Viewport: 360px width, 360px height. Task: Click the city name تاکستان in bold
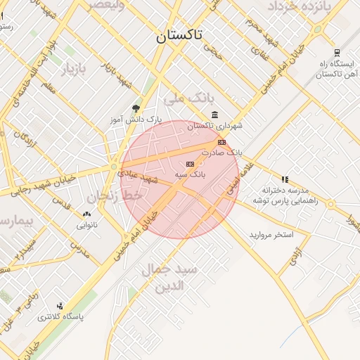click(x=180, y=36)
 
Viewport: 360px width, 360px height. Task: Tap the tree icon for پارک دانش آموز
click(x=136, y=108)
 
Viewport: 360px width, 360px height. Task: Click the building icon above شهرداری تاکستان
click(x=214, y=115)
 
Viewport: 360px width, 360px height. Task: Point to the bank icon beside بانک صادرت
click(x=221, y=142)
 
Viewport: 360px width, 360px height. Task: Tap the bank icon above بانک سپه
click(x=188, y=163)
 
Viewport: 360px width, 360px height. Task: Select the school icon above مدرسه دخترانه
click(x=285, y=179)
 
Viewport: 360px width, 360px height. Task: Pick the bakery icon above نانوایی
click(x=86, y=214)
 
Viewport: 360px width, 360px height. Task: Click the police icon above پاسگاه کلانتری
click(x=60, y=306)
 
